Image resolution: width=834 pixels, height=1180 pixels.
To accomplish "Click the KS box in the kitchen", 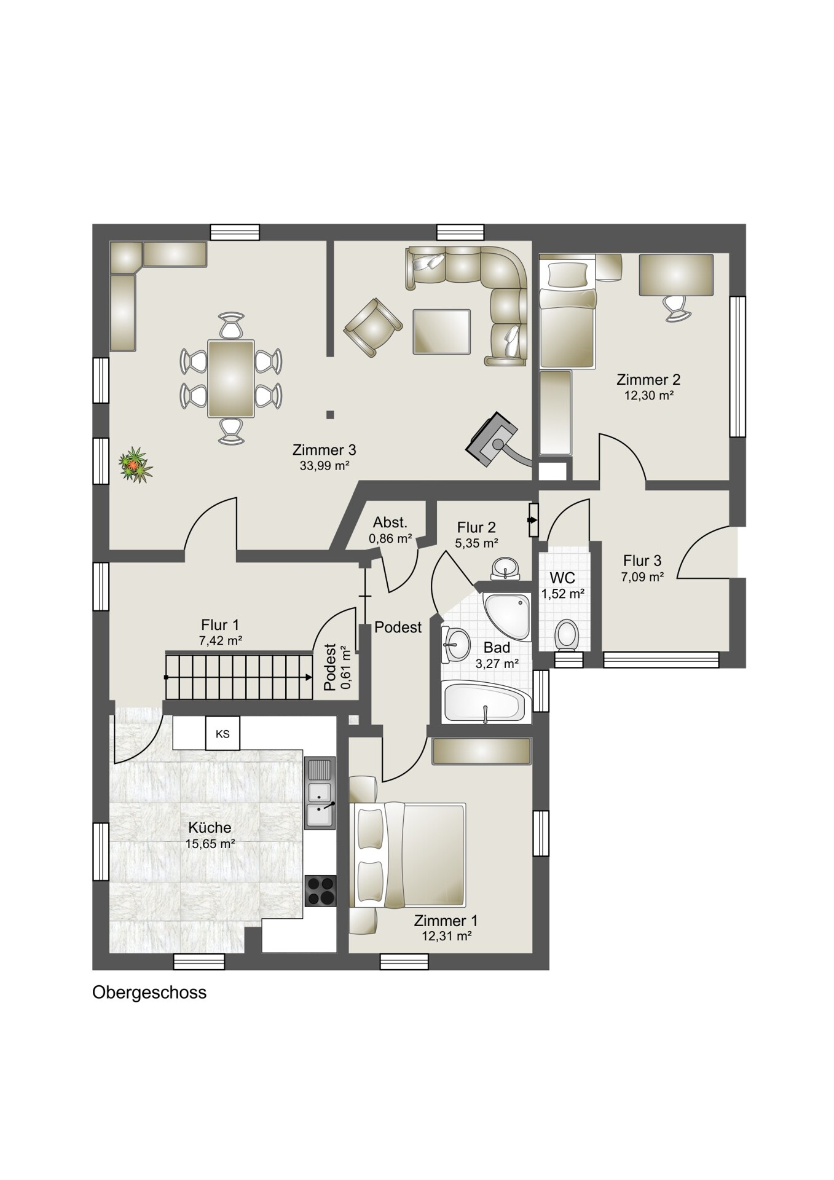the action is click(x=222, y=733).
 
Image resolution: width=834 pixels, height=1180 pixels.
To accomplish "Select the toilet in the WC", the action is click(x=566, y=634).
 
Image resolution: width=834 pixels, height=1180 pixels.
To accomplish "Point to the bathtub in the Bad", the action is click(x=486, y=702).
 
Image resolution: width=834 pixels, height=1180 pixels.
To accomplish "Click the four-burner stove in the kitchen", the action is click(x=321, y=891).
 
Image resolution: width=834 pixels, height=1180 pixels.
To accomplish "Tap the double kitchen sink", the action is click(x=320, y=793).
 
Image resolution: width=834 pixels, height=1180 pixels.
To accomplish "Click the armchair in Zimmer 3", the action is click(x=372, y=327).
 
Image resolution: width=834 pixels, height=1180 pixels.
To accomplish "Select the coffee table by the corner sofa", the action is click(x=441, y=331).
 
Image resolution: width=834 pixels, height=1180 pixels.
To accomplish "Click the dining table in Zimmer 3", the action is click(x=231, y=379).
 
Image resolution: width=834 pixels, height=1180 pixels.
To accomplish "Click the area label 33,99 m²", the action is click(x=325, y=466).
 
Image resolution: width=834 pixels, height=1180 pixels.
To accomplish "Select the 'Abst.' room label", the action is click(x=390, y=522).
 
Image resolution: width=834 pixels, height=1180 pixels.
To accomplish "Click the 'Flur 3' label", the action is click(x=642, y=560).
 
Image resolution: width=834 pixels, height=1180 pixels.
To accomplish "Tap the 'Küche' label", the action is click(x=210, y=827).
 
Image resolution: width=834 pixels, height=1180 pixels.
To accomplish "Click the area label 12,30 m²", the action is click(x=649, y=396).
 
